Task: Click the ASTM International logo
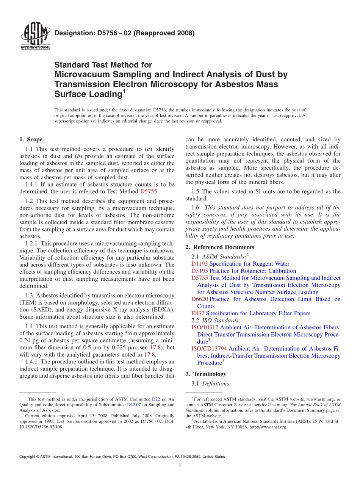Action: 35,36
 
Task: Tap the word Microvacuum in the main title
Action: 77,75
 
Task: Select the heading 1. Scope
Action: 31,140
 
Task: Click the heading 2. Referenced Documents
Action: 218,247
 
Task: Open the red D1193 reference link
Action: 200,264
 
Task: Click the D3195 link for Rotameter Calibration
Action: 200,271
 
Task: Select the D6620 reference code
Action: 200,299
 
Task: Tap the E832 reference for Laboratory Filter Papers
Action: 198,313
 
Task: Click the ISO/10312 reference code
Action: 205,327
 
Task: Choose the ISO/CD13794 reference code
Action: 209,349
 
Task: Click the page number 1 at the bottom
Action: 180,466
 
